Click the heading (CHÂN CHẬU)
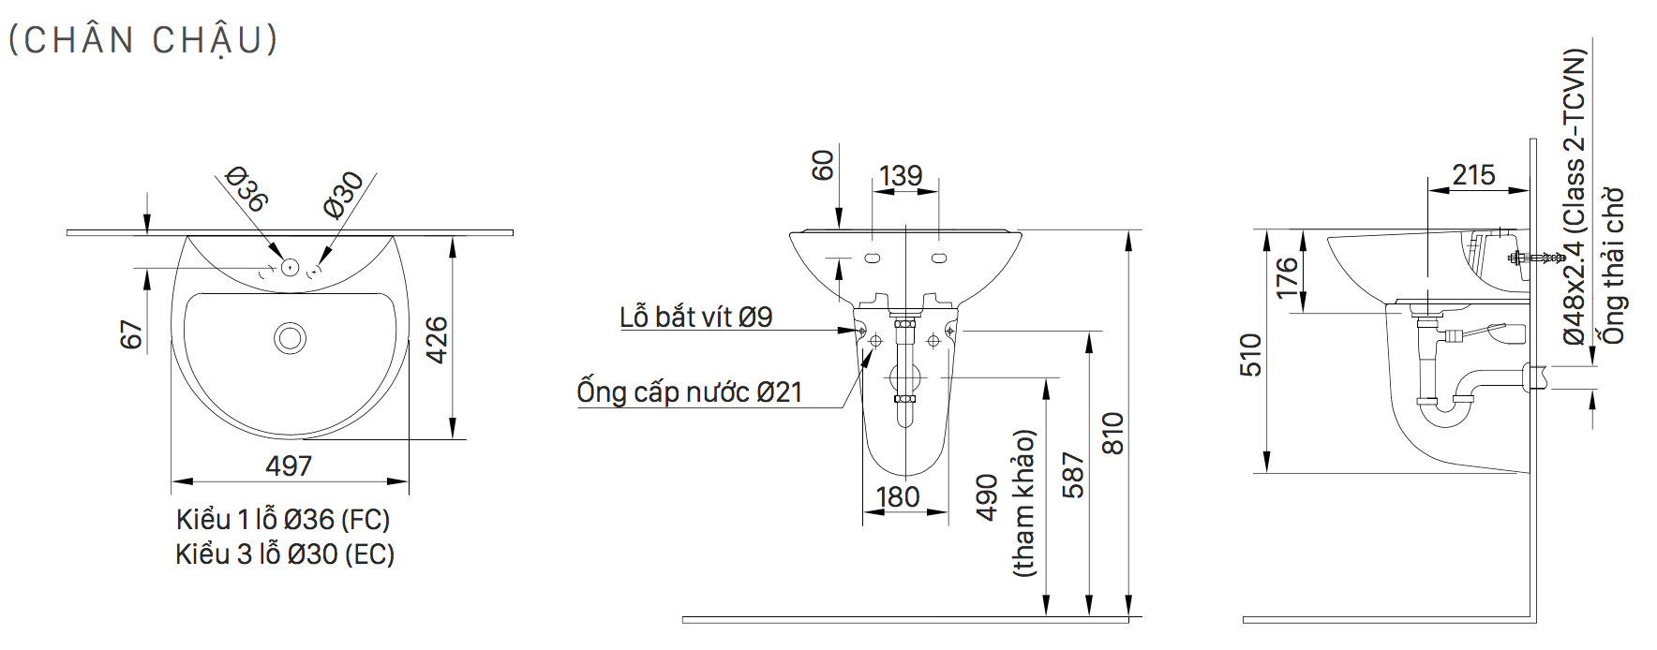click(x=142, y=41)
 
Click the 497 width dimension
click(x=288, y=465)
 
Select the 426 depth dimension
click(x=437, y=341)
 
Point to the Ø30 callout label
click(x=345, y=194)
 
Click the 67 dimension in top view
click(x=132, y=334)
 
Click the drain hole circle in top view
click(x=290, y=338)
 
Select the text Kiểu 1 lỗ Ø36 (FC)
click(x=283, y=519)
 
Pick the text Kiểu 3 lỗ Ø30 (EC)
click(x=285, y=554)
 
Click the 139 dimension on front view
click(x=901, y=175)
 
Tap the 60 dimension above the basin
click(x=822, y=166)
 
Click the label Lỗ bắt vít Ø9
click(x=696, y=317)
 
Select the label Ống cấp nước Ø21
click(x=690, y=391)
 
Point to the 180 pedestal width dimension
click(x=898, y=496)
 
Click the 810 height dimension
click(x=1112, y=433)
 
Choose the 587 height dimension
click(x=1073, y=475)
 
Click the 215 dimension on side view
click(x=1473, y=174)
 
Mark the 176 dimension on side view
click(x=1287, y=277)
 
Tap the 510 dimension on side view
click(x=1251, y=355)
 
